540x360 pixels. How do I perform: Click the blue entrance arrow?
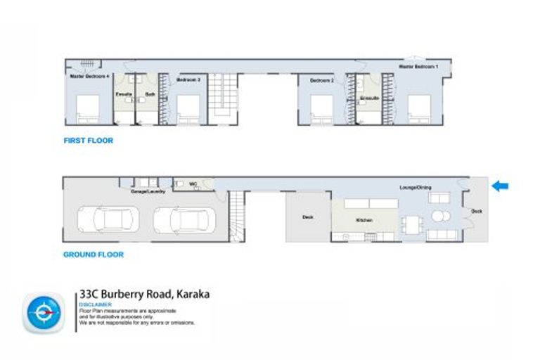[x=500, y=186]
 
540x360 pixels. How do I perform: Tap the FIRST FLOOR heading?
[x=88, y=141]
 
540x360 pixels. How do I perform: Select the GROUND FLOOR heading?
[x=93, y=255]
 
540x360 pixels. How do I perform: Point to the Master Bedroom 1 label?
[x=419, y=66]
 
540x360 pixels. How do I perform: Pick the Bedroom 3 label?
[x=188, y=81]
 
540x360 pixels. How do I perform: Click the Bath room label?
[x=150, y=94]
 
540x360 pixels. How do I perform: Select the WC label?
[x=193, y=184]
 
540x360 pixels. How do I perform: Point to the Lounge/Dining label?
[x=416, y=187]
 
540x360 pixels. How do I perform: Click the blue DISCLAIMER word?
[x=96, y=304]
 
